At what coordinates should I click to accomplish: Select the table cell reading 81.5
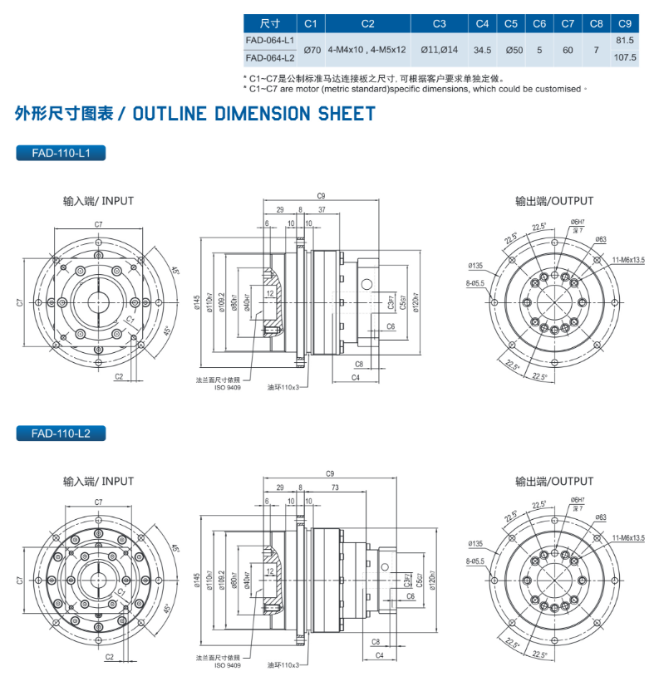(624, 40)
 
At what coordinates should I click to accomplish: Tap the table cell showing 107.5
(624, 58)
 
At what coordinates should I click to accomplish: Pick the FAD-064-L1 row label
(269, 40)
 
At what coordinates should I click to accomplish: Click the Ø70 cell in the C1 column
(312, 50)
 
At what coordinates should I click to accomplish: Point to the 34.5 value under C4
(482, 50)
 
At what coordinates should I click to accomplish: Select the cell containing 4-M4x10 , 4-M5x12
(366, 50)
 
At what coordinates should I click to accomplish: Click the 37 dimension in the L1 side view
(322, 209)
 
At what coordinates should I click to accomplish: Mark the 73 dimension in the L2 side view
(334, 488)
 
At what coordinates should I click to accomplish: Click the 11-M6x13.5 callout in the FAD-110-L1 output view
(627, 260)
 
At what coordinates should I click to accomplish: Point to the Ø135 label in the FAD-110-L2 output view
(475, 544)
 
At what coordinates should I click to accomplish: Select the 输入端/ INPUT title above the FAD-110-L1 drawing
(98, 201)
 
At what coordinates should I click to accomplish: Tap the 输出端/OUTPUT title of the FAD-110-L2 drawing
(554, 481)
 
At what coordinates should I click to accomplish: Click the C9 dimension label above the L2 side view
(330, 473)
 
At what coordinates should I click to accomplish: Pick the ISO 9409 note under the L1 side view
(227, 387)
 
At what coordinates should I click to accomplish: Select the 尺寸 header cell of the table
(269, 24)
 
